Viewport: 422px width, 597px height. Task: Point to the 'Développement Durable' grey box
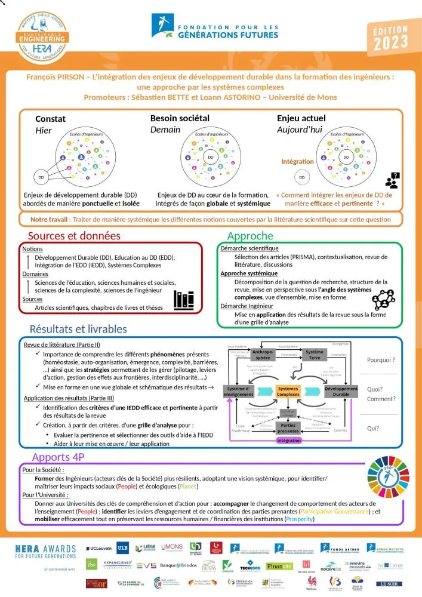341,391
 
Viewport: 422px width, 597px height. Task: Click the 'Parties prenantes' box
288,427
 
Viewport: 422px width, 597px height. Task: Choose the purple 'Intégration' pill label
288,441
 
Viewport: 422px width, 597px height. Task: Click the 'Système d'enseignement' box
239,391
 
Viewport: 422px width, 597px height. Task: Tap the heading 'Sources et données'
74,236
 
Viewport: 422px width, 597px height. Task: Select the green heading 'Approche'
250,236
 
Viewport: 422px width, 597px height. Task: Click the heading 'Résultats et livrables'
78,328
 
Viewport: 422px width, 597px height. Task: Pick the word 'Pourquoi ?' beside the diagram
382,360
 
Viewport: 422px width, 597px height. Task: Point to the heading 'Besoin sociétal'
180,118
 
